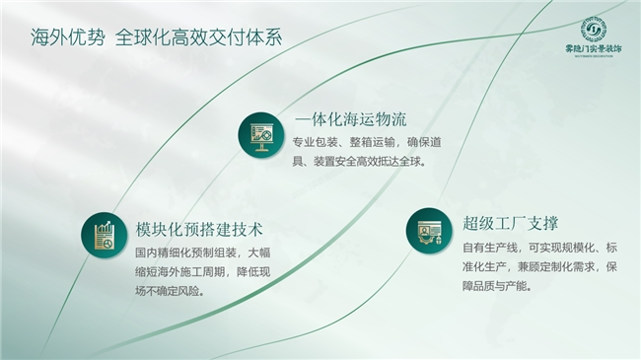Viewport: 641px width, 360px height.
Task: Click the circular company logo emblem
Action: [x=593, y=31]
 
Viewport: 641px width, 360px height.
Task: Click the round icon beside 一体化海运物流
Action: [x=259, y=136]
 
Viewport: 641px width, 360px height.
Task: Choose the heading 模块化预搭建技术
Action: [x=199, y=230]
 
